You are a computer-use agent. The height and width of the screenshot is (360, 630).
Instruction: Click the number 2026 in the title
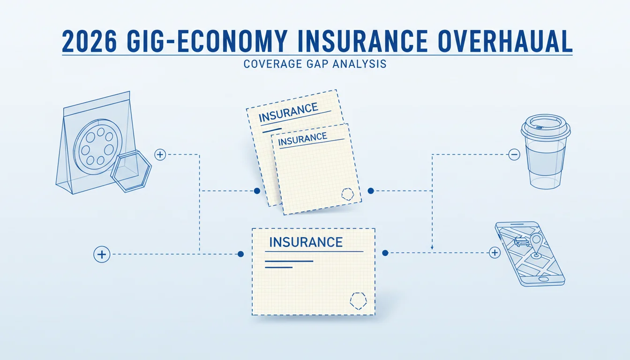(89, 41)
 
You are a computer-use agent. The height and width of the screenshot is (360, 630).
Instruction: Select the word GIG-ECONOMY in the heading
(207, 41)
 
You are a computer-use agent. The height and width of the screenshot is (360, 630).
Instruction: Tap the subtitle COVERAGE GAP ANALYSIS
(315, 64)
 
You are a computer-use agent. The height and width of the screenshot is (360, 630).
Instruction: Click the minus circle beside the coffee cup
(514, 154)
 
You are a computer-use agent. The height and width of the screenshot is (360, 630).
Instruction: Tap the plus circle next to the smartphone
(495, 253)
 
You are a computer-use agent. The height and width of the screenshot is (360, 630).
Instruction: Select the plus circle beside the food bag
(160, 154)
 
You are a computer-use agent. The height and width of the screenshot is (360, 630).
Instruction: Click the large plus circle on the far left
(102, 254)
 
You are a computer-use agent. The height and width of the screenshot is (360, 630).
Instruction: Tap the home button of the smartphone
(543, 279)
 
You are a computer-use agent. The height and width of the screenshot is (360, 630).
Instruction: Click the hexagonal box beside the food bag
(131, 171)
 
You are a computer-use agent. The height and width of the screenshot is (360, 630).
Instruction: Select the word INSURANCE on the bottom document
(306, 242)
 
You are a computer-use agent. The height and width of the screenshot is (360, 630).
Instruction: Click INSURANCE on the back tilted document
(288, 112)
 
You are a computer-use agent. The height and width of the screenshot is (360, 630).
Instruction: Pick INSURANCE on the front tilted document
(302, 139)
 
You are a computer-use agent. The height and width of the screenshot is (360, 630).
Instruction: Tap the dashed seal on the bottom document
(358, 301)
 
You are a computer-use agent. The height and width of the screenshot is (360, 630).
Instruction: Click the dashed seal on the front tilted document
(348, 195)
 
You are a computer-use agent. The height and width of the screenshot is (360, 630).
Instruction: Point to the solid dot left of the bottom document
(240, 254)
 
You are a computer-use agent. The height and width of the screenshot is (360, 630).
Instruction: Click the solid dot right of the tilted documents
(371, 191)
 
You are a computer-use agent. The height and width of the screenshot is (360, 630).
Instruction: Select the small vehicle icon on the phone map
(520, 241)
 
